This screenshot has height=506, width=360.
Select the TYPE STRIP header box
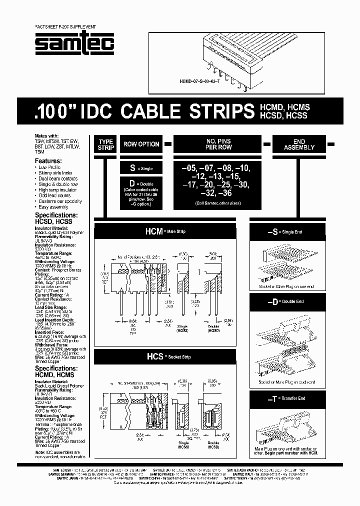(x=106, y=144)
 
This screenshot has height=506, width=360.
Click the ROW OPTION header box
(x=141, y=144)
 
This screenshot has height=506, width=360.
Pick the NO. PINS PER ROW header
(x=218, y=144)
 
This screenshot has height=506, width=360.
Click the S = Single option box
(x=141, y=169)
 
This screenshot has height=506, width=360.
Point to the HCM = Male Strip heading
(x=165, y=231)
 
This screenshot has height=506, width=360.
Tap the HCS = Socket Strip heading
(x=165, y=356)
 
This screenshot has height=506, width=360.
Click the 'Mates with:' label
(x=46, y=136)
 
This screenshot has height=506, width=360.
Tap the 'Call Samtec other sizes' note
(x=218, y=203)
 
